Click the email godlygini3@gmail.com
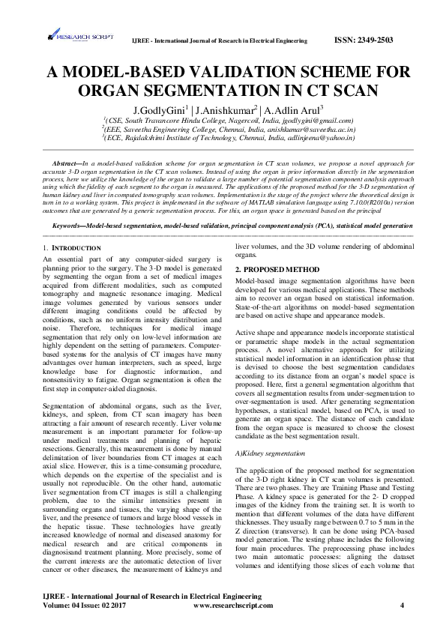pyautogui.click(x=313, y=120)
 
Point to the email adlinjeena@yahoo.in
pyautogui.click(x=315, y=138)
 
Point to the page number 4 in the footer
pyautogui.click(x=403, y=603)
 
